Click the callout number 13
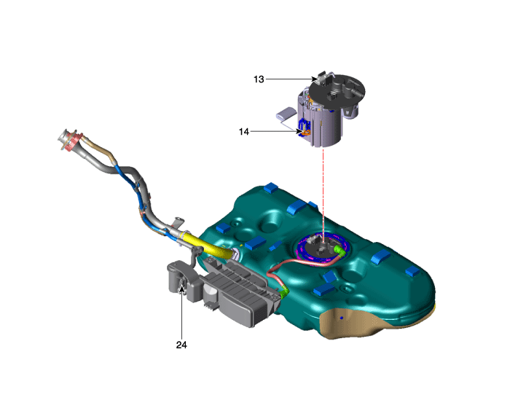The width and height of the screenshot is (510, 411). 259,79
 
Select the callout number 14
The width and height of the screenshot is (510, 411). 244,132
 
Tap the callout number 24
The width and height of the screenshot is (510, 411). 181,345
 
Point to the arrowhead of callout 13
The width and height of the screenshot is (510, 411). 315,79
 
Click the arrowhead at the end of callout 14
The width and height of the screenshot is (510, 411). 299,131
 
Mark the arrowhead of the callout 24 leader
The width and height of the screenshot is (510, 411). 182,289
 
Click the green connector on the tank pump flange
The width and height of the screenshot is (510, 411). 340,251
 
